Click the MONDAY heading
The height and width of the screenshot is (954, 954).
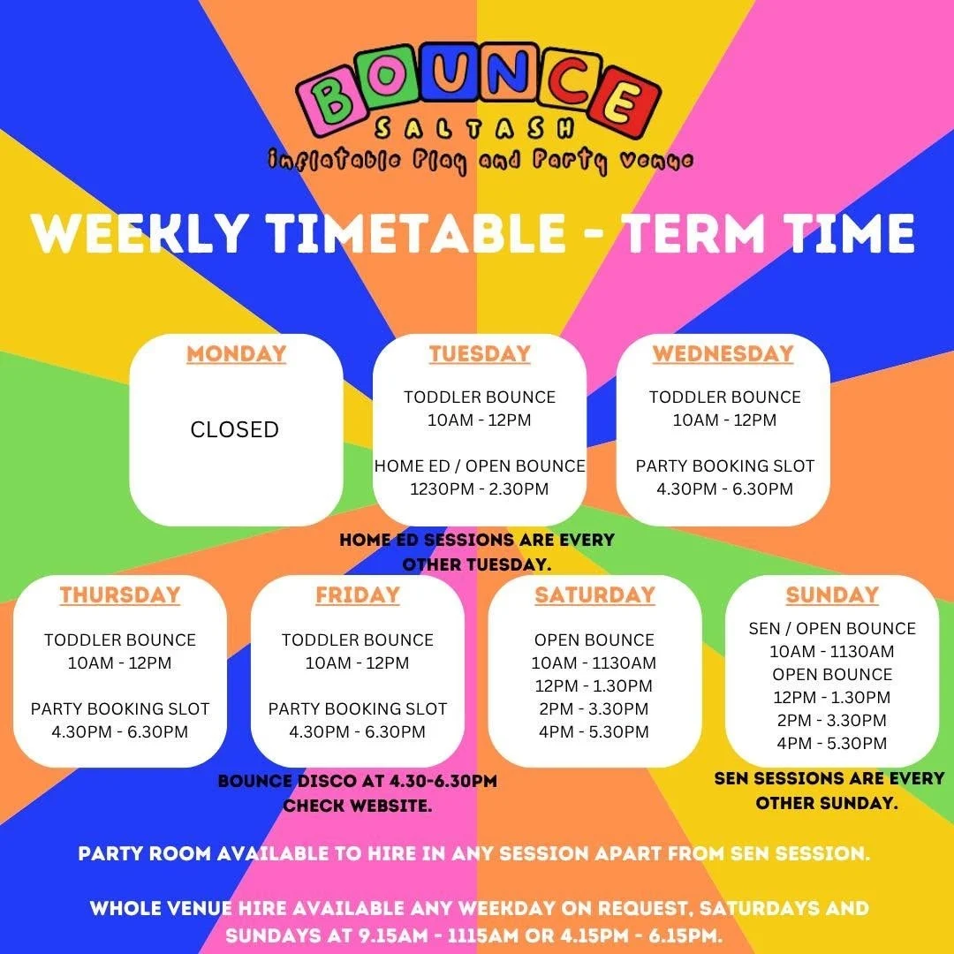tap(236, 353)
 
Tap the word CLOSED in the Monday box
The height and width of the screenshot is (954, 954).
tap(235, 429)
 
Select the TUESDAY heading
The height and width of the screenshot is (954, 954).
tap(480, 353)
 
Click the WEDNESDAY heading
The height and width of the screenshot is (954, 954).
tap(723, 353)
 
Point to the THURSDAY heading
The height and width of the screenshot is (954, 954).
tap(120, 594)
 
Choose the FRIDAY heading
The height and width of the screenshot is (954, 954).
tap(357, 594)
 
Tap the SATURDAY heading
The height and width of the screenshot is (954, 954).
tap(594, 594)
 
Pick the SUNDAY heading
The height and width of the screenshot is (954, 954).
tap(832, 594)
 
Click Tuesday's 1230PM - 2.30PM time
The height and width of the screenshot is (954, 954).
tap(480, 488)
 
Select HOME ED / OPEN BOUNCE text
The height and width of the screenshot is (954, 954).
tap(480, 466)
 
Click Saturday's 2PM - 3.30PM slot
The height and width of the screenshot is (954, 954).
tap(594, 708)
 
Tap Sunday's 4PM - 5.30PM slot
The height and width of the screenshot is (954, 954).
tap(832, 743)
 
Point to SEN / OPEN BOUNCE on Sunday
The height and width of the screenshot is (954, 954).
tap(832, 629)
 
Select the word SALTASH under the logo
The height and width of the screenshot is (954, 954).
tap(474, 127)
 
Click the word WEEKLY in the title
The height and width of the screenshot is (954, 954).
tap(140, 232)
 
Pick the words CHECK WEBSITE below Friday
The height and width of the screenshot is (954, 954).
tap(357, 806)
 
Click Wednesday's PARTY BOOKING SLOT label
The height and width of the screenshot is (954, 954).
tap(724, 466)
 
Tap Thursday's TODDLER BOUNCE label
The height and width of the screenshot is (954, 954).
tap(120, 640)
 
